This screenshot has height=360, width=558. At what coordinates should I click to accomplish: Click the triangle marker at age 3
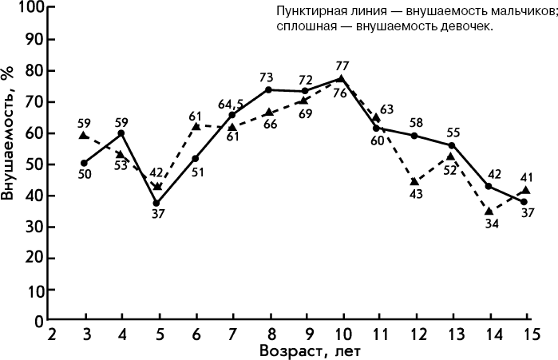coord(84,136)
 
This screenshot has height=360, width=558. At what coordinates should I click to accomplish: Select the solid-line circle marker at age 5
coord(157,203)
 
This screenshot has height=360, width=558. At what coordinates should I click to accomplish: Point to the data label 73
coord(267,77)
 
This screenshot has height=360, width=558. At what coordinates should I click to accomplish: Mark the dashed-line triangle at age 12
coord(414,182)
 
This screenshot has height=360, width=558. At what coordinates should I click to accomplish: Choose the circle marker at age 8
coord(267,90)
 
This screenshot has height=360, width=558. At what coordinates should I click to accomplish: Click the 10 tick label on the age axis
coord(341,333)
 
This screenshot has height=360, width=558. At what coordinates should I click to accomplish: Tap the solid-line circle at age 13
coord(451,145)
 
